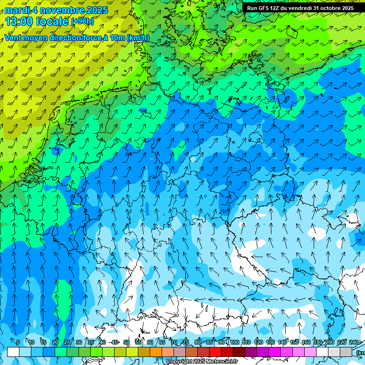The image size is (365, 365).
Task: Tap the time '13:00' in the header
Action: pyautogui.click(x=21, y=21)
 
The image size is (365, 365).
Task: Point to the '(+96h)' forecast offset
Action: pyautogui.click(x=82, y=21)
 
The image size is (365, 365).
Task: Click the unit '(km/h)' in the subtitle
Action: pyautogui.click(x=138, y=38)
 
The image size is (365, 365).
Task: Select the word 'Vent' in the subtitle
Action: pyautogui.click(x=12, y=38)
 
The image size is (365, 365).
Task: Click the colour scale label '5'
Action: pyautogui.click(x=18, y=342)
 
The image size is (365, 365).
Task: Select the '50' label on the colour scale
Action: pyautogui.click(x=126, y=342)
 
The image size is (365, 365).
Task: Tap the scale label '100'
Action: pyautogui.click(x=234, y=342)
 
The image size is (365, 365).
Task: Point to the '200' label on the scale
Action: pyautogui.click(x=329, y=342)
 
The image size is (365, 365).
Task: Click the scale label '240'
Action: pyautogui.click(x=353, y=342)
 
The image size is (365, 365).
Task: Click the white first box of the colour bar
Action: pyautogui.click(x=13, y=352)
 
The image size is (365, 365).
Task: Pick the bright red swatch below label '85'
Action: pyautogui.click(x=215, y=352)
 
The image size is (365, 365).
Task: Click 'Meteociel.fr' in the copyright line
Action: pyautogui.click(x=222, y=362)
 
